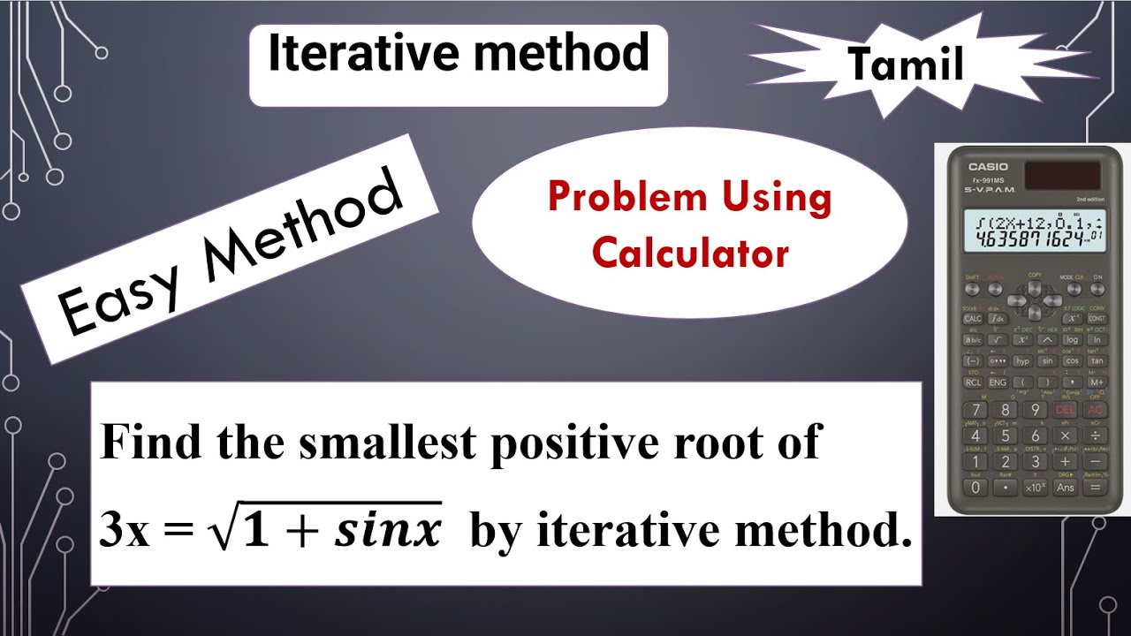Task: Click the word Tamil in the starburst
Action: [x=905, y=64]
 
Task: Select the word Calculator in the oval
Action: [x=690, y=254]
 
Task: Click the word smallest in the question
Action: [x=387, y=443]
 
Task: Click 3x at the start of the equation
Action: [x=125, y=533]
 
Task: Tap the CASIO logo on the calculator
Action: [x=987, y=167]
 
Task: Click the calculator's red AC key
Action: [x=1096, y=410]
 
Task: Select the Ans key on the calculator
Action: [x=1066, y=487]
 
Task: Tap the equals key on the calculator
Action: [x=1096, y=487]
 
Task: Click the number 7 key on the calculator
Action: [x=975, y=410]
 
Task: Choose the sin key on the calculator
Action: [x=1047, y=360]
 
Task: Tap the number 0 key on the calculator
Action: [x=975, y=487]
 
